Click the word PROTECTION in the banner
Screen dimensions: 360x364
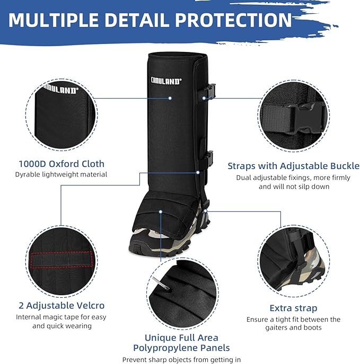(233, 20)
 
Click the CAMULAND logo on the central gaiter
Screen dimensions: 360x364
(166, 81)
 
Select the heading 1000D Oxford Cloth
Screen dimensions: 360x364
(62, 164)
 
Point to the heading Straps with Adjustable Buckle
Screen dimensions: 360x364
(294, 166)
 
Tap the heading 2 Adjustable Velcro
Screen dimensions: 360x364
(62, 306)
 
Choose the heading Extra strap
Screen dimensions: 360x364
(293, 308)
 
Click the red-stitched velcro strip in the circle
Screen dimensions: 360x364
(62, 260)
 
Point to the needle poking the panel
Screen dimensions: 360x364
(161, 283)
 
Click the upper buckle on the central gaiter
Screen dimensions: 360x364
(210, 91)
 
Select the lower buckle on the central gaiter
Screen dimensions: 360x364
(209, 158)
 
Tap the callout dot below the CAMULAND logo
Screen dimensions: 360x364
(170, 98)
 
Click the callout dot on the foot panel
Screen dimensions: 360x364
(161, 212)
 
